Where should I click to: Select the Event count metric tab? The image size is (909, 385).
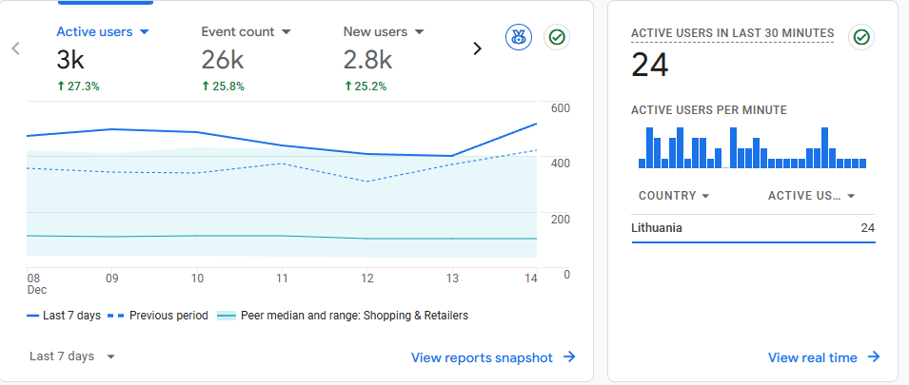(x=246, y=31)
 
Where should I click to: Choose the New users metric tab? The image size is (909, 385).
(x=384, y=31)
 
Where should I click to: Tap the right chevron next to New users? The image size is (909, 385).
(x=478, y=48)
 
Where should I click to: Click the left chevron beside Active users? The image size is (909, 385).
(x=16, y=48)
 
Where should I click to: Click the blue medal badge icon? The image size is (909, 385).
(x=519, y=38)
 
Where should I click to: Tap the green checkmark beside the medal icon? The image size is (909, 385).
(x=557, y=38)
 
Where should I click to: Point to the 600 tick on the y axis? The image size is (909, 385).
(x=560, y=108)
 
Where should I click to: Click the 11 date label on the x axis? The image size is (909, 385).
(x=282, y=278)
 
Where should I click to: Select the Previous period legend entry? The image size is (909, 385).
(x=159, y=316)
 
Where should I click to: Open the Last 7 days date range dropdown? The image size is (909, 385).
(x=72, y=356)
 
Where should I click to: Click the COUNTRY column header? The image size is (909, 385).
(x=674, y=196)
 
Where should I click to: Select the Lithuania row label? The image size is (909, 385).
(x=657, y=228)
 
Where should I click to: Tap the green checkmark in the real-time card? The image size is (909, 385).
(x=861, y=37)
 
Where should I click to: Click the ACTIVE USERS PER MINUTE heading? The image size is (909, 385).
(x=708, y=110)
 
